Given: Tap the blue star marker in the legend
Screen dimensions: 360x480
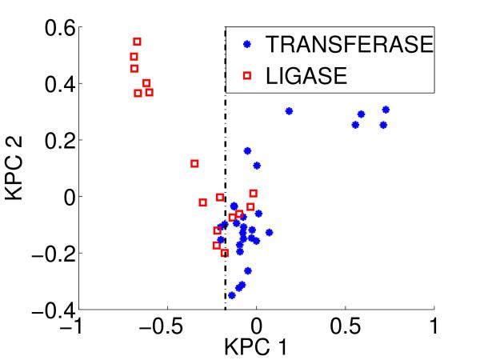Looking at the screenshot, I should point(247,45).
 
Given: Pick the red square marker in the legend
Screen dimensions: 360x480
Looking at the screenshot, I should point(247,76).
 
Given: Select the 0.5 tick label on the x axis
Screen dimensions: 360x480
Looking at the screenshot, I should point(346,327).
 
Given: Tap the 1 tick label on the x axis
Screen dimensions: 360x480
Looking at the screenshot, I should point(434,327).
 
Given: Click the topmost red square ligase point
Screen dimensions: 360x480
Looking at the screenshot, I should point(137,41).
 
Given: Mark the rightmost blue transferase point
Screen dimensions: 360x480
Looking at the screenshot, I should point(386,110).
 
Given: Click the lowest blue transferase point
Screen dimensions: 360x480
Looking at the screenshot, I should point(232,295).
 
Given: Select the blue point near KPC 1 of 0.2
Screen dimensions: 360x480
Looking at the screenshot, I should point(289,111).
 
